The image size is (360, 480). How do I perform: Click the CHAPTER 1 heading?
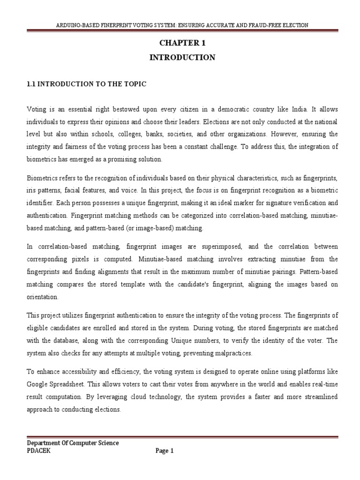(182, 43)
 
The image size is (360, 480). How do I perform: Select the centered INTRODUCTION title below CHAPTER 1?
(182, 58)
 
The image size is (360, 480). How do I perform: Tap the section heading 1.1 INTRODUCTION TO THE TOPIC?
(86, 84)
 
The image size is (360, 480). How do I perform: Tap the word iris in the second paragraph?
(31, 191)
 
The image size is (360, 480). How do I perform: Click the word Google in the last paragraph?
(38, 383)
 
